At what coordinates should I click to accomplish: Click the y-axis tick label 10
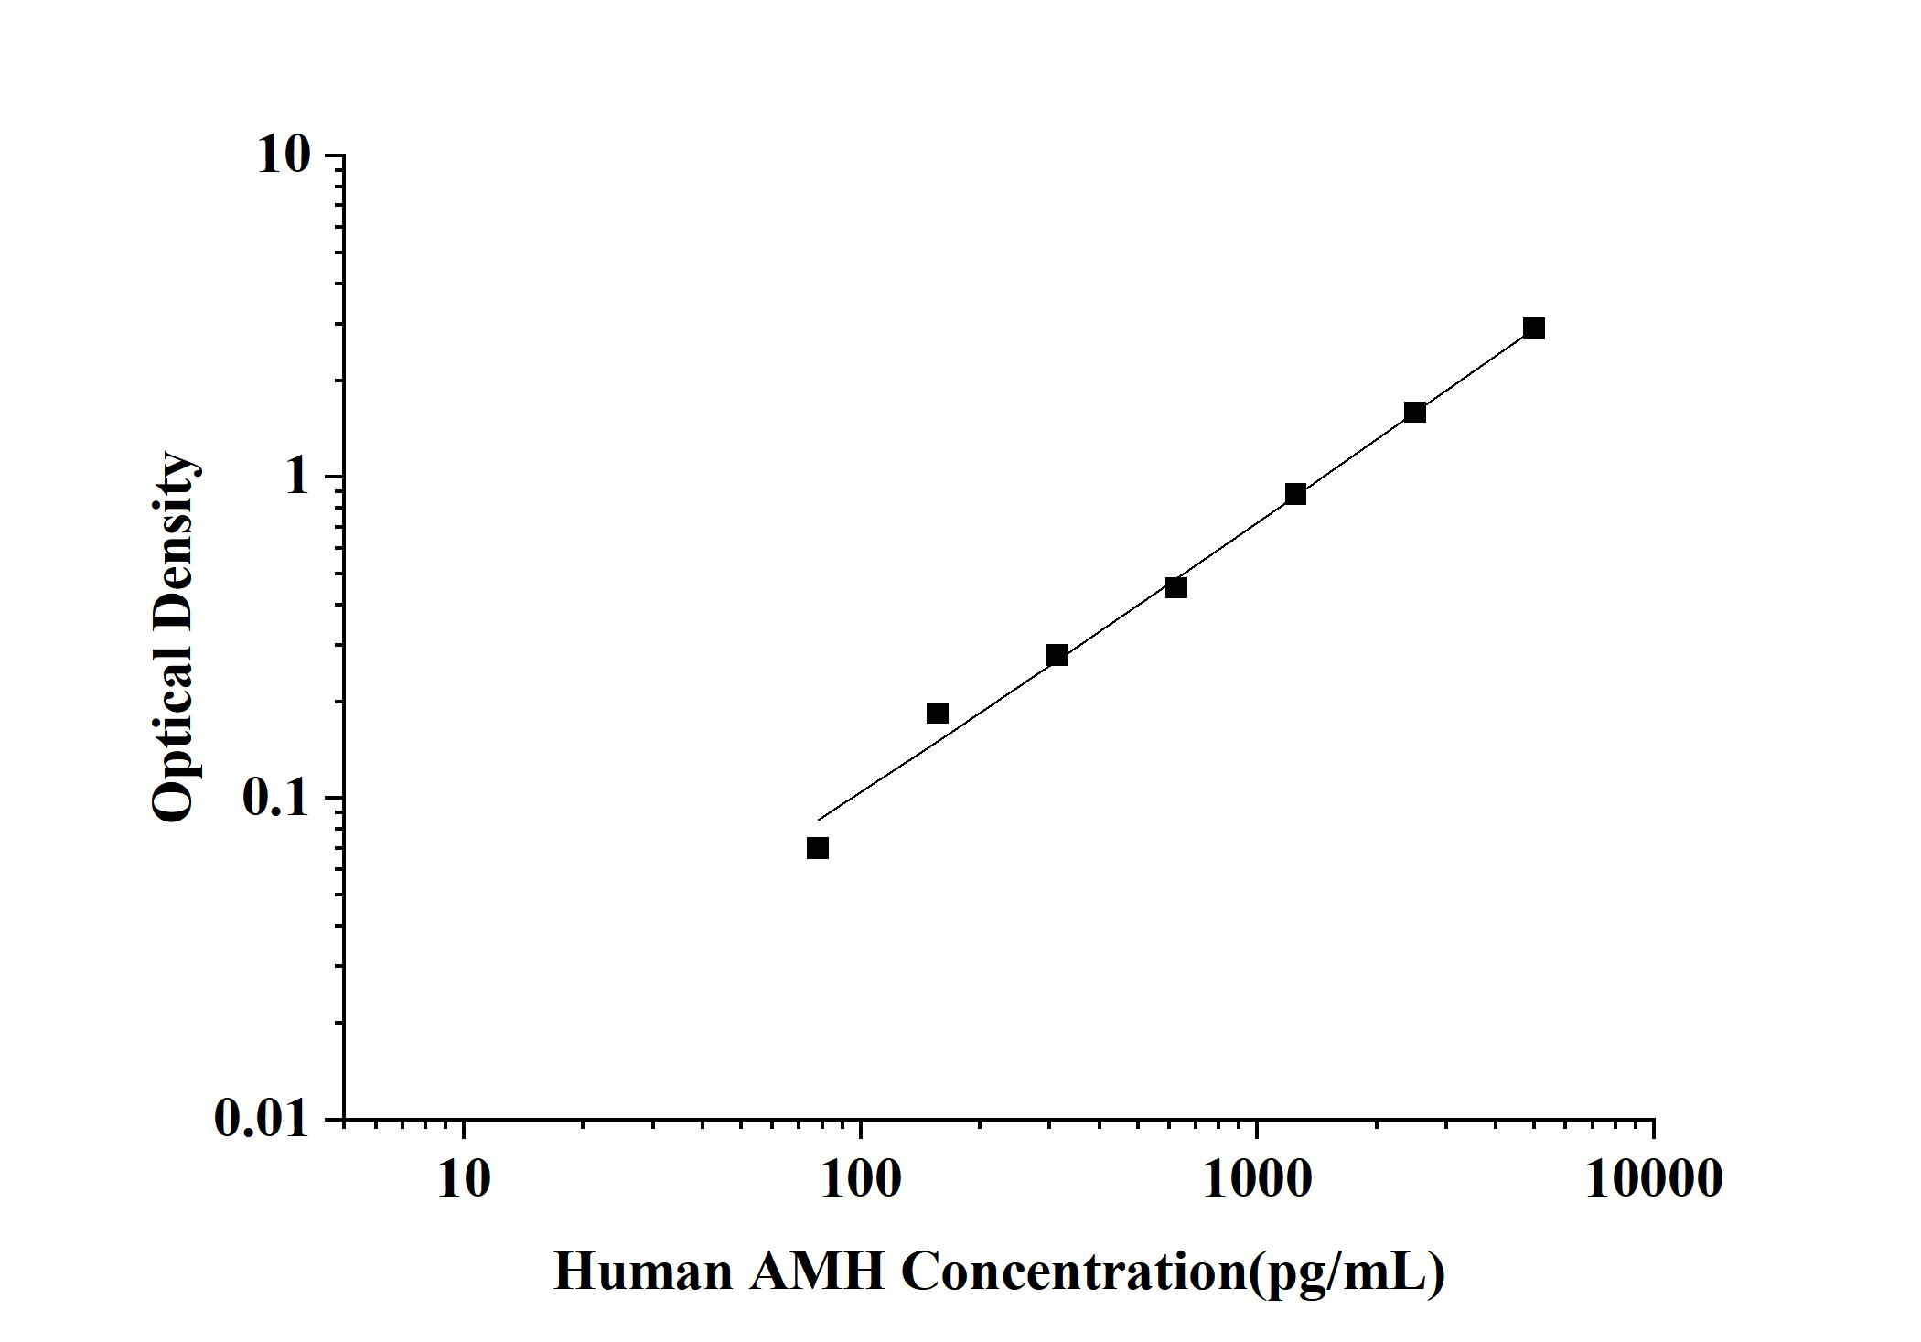point(284,156)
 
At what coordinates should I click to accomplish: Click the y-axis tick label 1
point(296,477)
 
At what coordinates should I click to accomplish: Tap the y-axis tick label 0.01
point(263,1118)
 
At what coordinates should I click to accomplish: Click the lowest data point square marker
point(818,848)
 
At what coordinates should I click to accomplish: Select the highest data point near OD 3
point(1534,328)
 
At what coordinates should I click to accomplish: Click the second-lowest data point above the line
point(938,713)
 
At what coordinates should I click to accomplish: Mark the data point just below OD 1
point(1295,494)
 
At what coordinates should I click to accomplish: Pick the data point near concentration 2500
point(1415,412)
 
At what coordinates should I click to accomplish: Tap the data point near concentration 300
point(1057,655)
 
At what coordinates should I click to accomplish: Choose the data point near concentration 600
point(1176,587)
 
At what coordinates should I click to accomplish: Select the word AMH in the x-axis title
point(817,1272)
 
